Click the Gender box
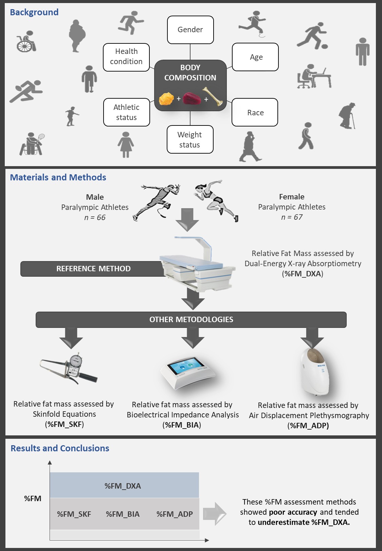190,30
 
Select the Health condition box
126,57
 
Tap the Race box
255,113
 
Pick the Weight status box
190,140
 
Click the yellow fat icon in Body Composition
166,99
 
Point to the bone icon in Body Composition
213,96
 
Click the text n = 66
95,218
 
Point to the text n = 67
292,217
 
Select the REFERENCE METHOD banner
93,269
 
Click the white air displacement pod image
314,371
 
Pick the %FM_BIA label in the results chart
123,514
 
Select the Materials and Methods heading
58,177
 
